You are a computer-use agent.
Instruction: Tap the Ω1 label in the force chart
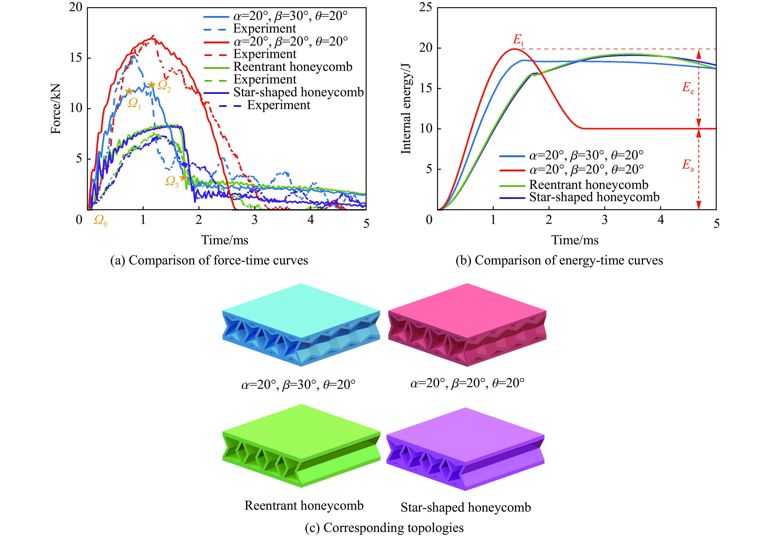134,103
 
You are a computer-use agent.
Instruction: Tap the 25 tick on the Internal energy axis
425,7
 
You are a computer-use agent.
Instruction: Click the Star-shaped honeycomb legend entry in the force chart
298,92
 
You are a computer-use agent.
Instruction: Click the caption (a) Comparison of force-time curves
209,260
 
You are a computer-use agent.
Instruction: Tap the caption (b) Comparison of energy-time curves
559,260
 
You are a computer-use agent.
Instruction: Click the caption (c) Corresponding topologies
384,528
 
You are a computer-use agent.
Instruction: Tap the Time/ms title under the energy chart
575,240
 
